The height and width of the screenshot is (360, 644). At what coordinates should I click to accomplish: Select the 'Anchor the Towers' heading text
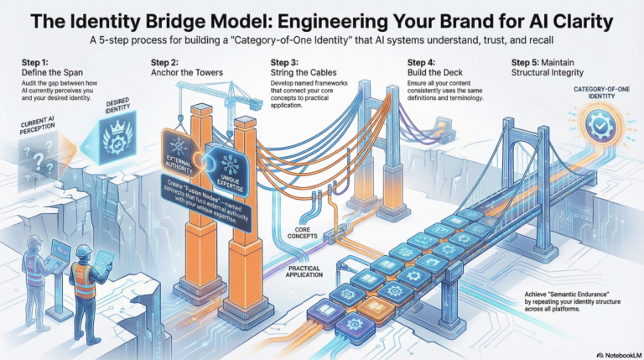[185, 72]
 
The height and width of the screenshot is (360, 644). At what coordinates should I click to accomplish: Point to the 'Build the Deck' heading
[436, 72]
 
